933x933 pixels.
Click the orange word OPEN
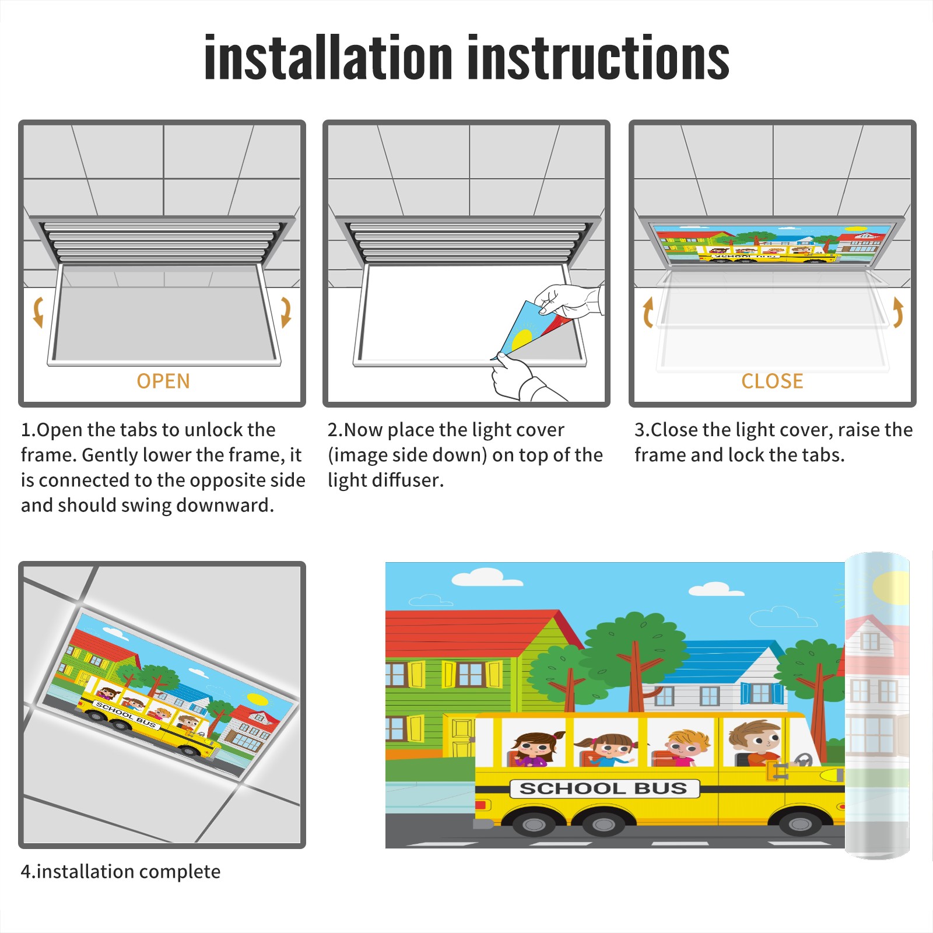pyautogui.click(x=163, y=381)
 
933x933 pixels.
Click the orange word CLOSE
pyautogui.click(x=772, y=381)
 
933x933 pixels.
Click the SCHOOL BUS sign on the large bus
pyautogui.click(x=604, y=788)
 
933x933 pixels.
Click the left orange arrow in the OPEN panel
pyautogui.click(x=38, y=312)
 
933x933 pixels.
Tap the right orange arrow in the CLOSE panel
pyautogui.click(x=898, y=312)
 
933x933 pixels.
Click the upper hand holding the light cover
pyautogui.click(x=569, y=301)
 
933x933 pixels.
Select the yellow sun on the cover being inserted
pyautogui.click(x=521, y=339)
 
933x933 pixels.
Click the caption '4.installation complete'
pyautogui.click(x=121, y=872)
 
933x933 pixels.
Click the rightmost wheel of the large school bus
pyautogui.click(x=799, y=824)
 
